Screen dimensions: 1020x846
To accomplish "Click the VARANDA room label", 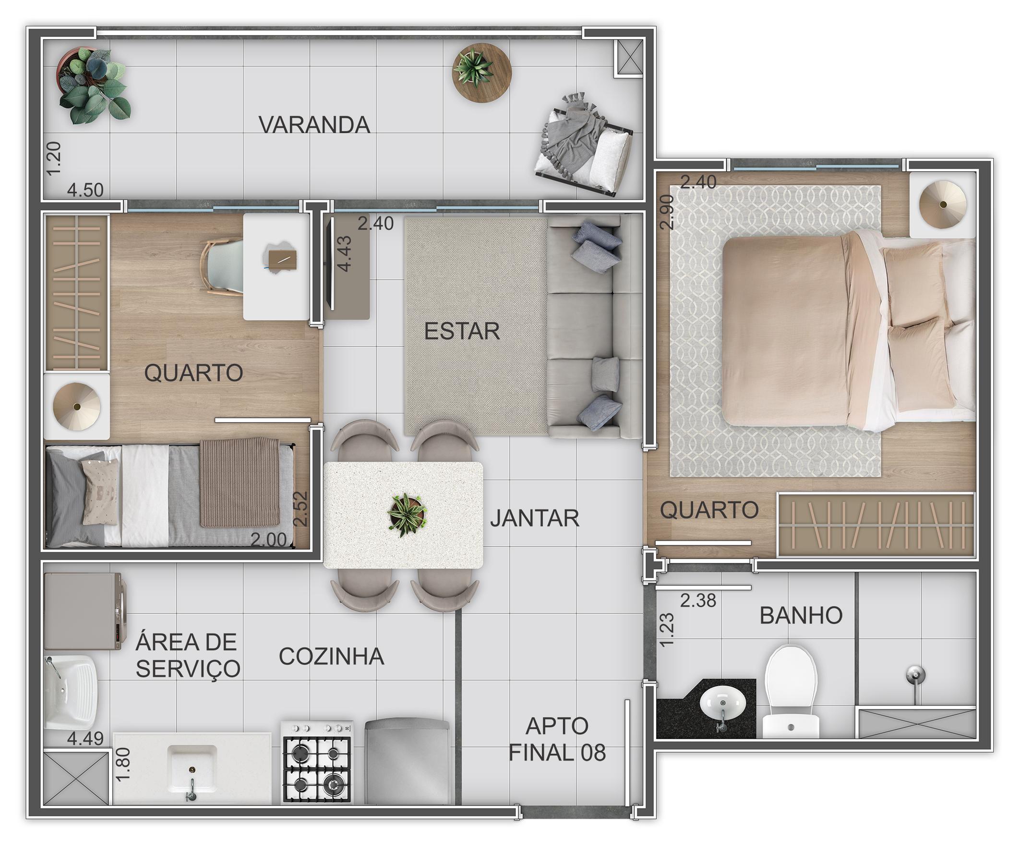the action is (314, 125).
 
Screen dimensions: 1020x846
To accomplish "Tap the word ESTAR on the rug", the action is (462, 331).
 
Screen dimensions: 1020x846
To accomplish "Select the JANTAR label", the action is (535, 518).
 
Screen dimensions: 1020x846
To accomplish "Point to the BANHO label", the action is (801, 616).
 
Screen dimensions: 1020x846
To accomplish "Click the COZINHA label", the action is (331, 657).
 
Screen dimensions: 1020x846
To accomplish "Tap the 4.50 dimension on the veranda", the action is (85, 189).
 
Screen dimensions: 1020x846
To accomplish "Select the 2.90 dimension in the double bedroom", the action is (668, 211).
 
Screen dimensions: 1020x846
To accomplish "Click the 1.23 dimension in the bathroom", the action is (667, 630).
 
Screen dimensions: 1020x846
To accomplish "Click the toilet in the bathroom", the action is (790, 692).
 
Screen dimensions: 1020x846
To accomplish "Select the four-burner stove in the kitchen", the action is (317, 761).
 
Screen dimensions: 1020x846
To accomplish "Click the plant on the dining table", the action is (407, 514).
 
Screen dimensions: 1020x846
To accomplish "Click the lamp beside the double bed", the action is (943, 204).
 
